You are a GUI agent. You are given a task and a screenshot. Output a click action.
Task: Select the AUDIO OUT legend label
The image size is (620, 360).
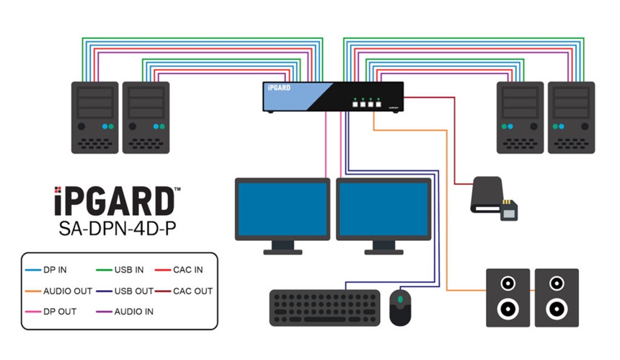coord(67,291)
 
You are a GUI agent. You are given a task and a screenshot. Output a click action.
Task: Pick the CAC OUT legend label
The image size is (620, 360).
coord(192,291)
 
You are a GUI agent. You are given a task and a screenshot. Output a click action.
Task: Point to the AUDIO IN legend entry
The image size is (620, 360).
coord(133,312)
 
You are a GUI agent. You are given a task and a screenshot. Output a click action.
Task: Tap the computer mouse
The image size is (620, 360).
coord(400,307)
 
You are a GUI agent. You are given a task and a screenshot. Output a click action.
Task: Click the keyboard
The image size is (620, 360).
coord(324,307)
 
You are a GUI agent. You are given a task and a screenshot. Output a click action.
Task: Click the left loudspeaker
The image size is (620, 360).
coord(508,297)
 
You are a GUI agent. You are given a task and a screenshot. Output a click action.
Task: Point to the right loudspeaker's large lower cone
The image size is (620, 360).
coord(557,309)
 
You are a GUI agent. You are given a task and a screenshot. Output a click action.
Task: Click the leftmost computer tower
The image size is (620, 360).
coord(94,117)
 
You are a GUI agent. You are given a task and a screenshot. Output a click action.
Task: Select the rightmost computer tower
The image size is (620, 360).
coord(571,117)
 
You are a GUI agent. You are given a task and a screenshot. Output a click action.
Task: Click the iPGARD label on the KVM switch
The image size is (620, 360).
coord(278,88)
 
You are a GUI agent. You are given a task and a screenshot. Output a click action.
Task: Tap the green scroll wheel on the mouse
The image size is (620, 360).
coord(400,299)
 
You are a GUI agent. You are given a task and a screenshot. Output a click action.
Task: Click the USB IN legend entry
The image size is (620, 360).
coord(129,270)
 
